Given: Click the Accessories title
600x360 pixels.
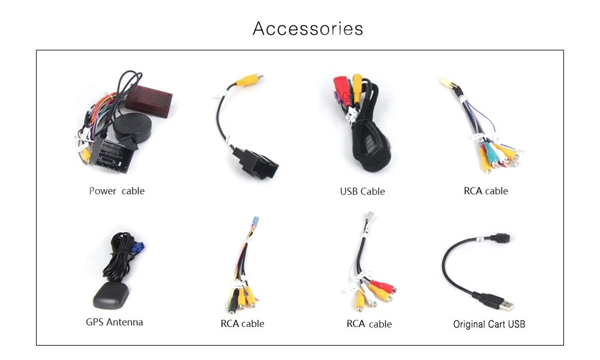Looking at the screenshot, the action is point(308,29).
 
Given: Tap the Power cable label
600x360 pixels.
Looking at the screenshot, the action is point(116,191).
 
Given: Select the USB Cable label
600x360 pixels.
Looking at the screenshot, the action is point(362,192).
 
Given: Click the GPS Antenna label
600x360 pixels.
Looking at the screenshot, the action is point(115,322).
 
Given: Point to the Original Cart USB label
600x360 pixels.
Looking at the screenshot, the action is point(489,325).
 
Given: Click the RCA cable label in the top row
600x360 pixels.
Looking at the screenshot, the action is point(485,191).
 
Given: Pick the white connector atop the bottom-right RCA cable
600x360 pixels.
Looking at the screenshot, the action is point(369,217).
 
